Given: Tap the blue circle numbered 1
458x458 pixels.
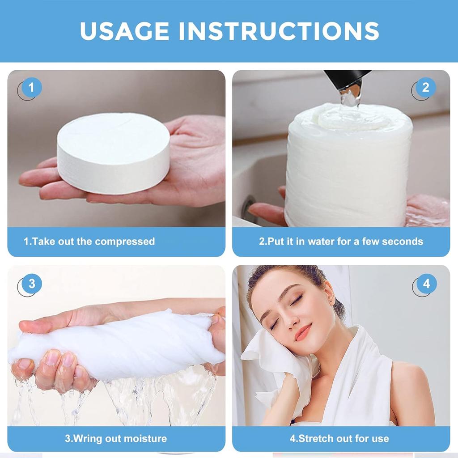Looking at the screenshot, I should (x=31, y=88).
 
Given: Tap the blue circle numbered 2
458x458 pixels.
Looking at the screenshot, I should (x=425, y=88).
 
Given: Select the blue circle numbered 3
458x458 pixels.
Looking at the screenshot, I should (x=32, y=284).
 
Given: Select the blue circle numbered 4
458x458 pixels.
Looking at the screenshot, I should (x=426, y=284).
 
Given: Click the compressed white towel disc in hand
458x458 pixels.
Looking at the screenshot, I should (x=113, y=152).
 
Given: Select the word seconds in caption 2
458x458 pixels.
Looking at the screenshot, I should (x=401, y=242).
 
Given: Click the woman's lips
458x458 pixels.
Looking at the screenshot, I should (x=303, y=333).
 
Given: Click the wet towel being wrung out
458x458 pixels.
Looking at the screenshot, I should (x=116, y=344).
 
